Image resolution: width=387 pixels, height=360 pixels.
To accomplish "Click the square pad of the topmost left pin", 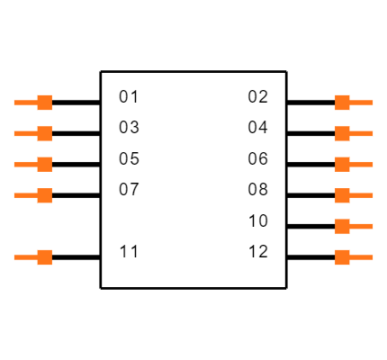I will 44,103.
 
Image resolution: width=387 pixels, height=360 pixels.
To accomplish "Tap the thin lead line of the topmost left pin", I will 25,103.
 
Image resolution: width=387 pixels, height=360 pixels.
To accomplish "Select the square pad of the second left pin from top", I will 44,133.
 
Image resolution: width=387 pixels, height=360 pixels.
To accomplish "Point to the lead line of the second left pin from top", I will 25,133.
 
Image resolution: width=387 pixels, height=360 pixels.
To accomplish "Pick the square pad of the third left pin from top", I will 44,164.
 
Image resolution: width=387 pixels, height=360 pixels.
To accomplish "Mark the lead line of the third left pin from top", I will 25,165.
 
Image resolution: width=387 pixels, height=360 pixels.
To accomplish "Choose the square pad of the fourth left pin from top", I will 44,195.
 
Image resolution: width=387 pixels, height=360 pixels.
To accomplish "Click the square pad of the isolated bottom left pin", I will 44,257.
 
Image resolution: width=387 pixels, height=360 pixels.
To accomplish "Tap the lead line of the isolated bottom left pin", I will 25,257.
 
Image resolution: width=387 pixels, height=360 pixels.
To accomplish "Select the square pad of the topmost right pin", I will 342,103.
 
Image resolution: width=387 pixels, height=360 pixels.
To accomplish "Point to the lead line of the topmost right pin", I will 362,103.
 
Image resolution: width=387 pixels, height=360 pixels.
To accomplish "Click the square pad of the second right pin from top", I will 342,133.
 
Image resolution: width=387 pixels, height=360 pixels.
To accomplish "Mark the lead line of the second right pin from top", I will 362,133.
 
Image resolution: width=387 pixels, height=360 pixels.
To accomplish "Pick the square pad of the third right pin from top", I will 342,164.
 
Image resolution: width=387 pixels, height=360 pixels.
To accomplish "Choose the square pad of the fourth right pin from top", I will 342,195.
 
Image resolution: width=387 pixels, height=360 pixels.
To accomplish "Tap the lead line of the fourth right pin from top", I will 362,195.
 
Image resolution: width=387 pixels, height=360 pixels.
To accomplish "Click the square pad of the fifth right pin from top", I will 342,226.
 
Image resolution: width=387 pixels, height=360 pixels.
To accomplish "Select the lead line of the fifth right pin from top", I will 362,226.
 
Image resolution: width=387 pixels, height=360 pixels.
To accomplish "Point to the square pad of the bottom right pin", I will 342,257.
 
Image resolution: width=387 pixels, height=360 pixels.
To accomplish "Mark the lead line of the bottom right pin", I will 362,257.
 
